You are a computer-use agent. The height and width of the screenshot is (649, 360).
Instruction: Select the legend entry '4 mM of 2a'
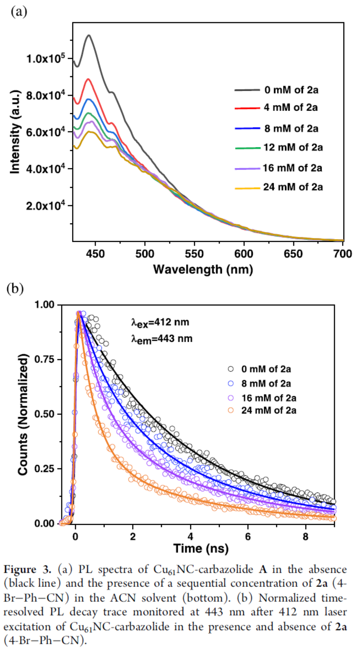291,107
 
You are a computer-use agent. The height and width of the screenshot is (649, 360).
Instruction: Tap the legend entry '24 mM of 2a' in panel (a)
293,187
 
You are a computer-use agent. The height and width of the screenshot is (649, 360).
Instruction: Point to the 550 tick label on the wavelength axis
194,254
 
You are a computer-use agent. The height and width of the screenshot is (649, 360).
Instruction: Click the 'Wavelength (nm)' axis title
203,269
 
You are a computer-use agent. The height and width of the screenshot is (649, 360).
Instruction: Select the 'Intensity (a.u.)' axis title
15,132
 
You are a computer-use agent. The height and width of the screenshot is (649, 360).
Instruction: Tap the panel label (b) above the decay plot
15,288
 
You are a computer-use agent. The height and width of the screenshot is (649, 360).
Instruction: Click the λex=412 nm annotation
160,322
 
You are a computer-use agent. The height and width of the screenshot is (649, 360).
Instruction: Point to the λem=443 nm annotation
162,338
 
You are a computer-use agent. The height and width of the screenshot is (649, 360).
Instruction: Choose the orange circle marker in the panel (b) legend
231,410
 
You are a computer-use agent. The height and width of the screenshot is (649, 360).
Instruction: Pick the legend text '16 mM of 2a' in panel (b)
269,398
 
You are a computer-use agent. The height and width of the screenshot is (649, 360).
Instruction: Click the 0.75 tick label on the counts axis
44,359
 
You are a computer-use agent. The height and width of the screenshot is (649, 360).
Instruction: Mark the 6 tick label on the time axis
248,537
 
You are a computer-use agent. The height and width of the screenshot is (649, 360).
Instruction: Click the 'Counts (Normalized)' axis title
23,414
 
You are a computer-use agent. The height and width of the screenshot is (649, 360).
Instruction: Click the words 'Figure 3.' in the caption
28,570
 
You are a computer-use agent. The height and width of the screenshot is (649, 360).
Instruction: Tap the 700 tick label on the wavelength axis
342,254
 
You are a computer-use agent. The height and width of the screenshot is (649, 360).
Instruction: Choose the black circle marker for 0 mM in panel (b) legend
231,369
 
